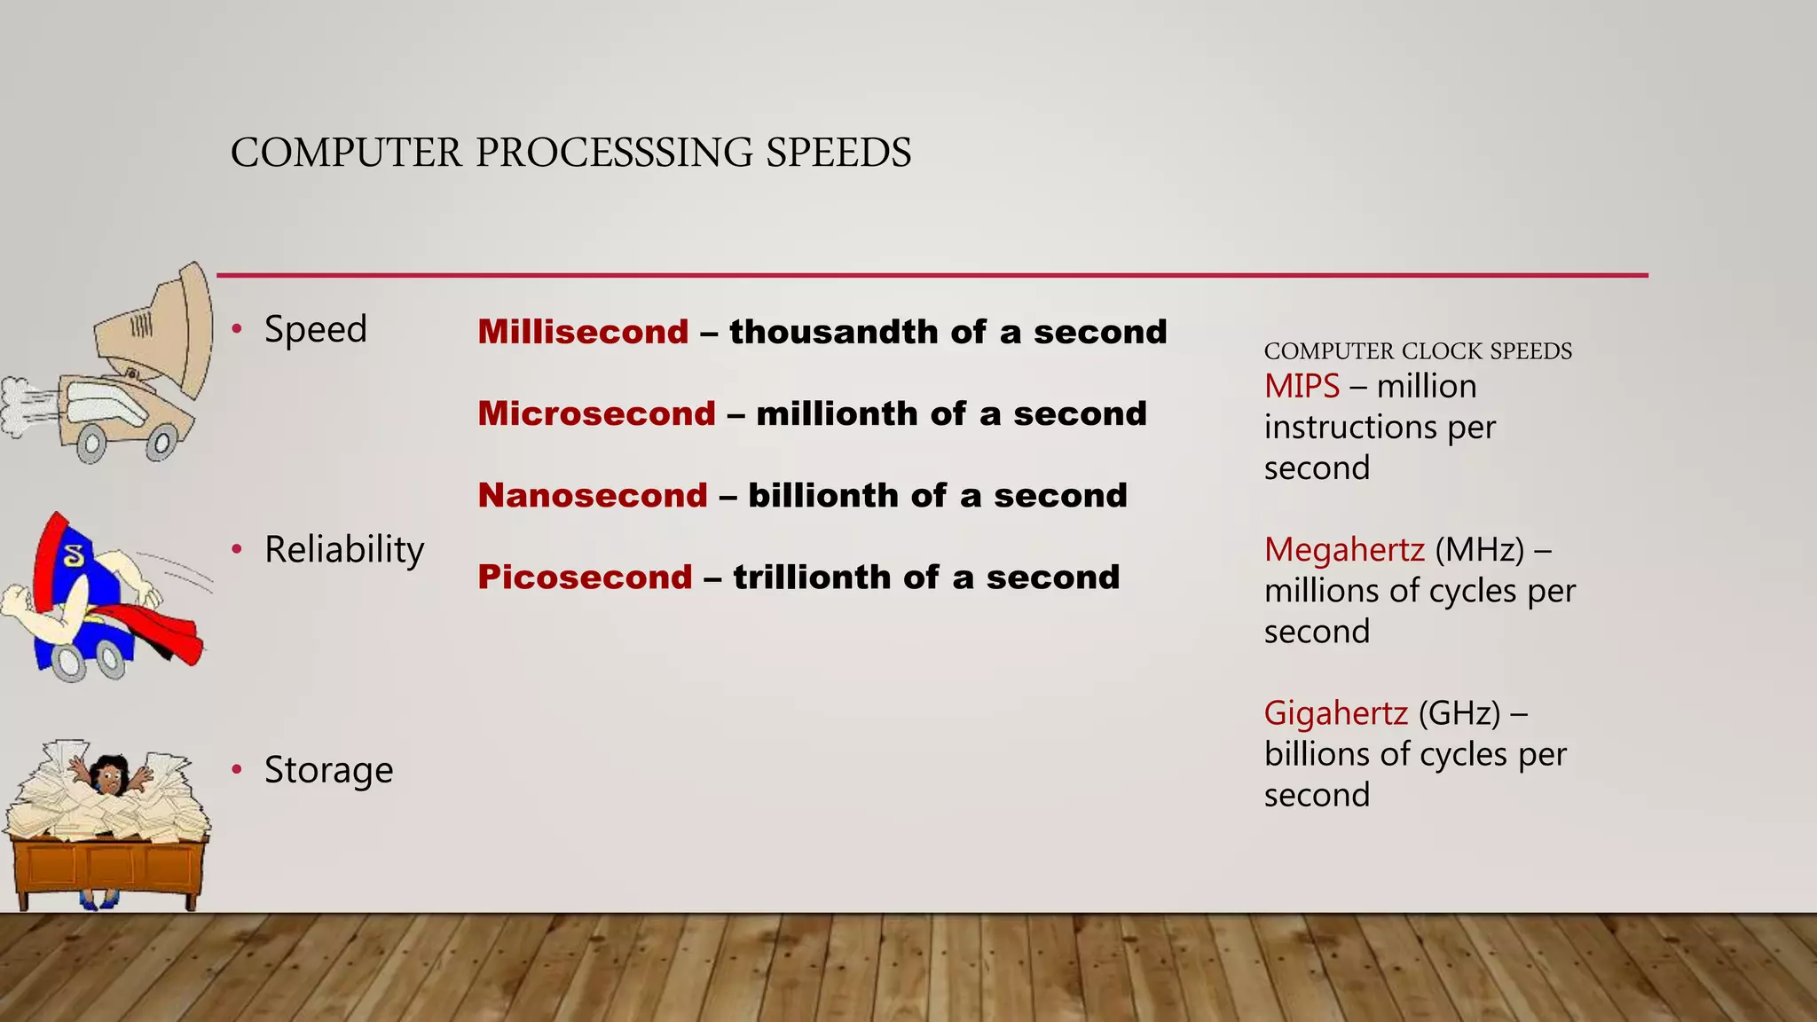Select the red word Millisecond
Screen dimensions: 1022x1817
583,332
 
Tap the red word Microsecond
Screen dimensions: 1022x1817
596,413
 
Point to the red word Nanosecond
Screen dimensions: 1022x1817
593,495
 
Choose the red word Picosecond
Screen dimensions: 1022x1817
585,577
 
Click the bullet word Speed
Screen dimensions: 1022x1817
315,329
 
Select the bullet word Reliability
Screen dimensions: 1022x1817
344,550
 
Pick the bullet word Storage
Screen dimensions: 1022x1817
328,770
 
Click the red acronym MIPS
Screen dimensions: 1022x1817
1302,386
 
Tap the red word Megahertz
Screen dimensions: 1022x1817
1344,549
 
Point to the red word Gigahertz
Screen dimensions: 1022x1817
1335,712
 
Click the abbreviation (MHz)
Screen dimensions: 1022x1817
1479,549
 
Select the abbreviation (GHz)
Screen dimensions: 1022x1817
1459,712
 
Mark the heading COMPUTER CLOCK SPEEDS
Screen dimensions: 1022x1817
1418,351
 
